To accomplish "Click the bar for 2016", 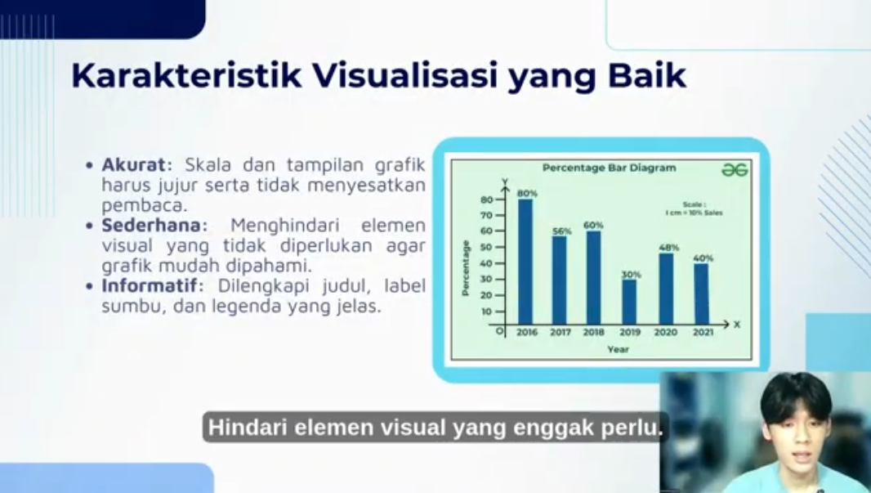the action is [525, 262].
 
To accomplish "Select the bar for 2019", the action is [629, 302].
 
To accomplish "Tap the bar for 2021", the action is [702, 294].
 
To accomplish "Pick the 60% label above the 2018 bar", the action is [593, 225].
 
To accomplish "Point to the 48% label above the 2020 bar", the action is [669, 248].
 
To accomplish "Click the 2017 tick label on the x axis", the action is [561, 333].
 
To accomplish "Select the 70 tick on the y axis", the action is [487, 215].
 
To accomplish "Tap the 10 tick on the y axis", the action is [487, 311].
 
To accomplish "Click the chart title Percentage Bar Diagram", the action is [610, 168].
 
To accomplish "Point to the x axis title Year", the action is [619, 350].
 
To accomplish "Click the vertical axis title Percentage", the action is [466, 268].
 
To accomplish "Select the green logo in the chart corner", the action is [735, 169].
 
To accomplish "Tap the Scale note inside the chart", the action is [695, 208].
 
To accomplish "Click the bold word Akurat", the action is [133, 164].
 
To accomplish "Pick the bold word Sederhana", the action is [151, 225].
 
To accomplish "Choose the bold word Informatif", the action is [150, 285].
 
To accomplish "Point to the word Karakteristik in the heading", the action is [186, 75].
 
